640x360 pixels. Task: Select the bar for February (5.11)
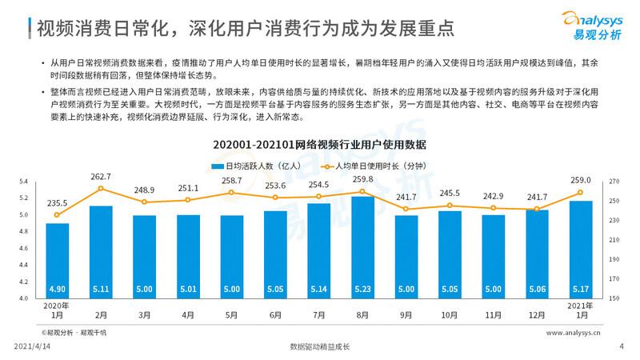click(101, 252)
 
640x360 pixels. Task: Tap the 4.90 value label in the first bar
click(57, 289)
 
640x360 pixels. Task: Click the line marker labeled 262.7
click(101, 189)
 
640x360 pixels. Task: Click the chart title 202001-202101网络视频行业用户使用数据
click(319, 145)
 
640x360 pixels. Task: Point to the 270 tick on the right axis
click(614, 182)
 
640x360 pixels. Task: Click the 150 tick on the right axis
click(614, 298)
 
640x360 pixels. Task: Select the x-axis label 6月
click(275, 314)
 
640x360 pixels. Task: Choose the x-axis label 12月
click(537, 314)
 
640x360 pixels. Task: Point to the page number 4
click(622, 346)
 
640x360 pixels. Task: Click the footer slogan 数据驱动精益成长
click(320, 346)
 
